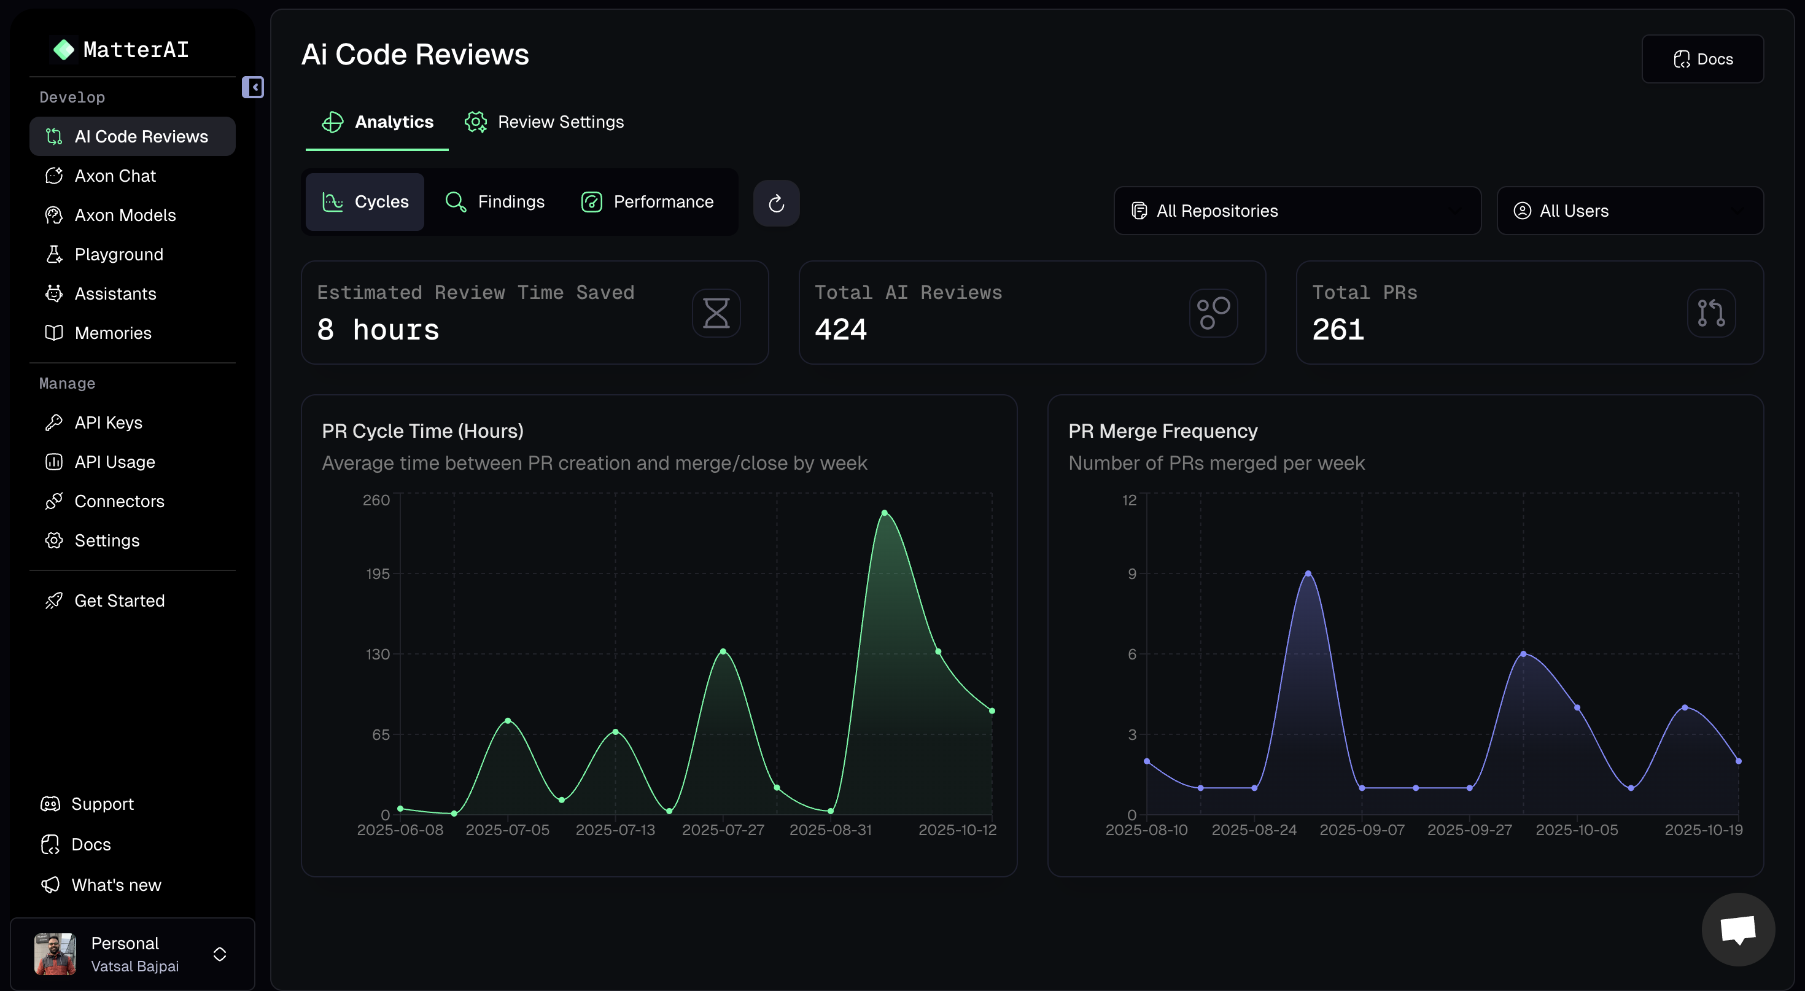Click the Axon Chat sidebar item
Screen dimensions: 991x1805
pos(115,176)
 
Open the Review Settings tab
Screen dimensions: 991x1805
pos(545,122)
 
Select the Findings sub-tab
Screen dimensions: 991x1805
pos(495,202)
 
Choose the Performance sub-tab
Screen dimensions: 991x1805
pos(648,202)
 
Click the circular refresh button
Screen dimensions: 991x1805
pos(775,203)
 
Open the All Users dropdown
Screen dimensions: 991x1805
pos(1629,211)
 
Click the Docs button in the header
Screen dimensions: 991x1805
pos(1702,60)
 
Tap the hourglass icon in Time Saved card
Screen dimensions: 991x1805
pos(716,313)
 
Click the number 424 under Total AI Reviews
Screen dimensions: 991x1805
pos(841,329)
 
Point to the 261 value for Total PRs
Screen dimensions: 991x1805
pos(1338,329)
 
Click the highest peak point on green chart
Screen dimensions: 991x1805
pos(884,513)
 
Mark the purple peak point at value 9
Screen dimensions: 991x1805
pos(1308,573)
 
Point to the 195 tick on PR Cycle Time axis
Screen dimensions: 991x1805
pos(378,574)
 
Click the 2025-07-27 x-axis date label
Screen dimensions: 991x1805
pos(723,830)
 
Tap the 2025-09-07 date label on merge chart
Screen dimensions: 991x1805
pos(1362,830)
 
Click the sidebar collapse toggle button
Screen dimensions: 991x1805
pos(253,88)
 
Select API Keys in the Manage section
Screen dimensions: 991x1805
pos(108,422)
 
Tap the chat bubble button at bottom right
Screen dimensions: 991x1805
pos(1737,930)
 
